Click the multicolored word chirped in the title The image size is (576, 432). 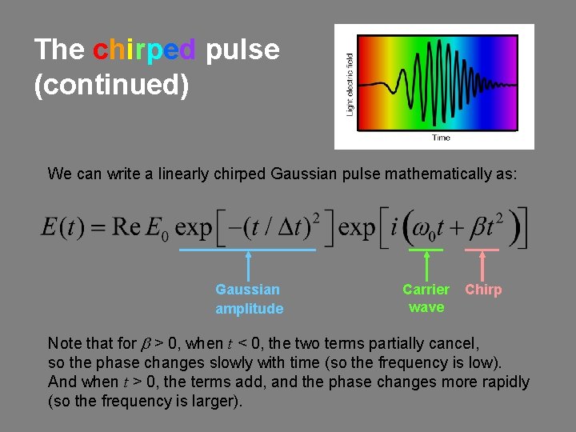point(144,50)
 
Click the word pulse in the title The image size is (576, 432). point(242,50)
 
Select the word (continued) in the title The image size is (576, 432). point(111,85)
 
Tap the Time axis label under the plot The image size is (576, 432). point(441,138)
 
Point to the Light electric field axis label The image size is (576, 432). point(350,84)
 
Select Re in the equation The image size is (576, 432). point(126,226)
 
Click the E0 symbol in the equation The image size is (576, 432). point(157,228)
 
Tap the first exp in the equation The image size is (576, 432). point(193,228)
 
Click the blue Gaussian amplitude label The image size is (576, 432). point(249,299)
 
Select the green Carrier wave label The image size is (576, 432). point(426,298)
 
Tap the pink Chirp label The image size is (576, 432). point(483,290)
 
